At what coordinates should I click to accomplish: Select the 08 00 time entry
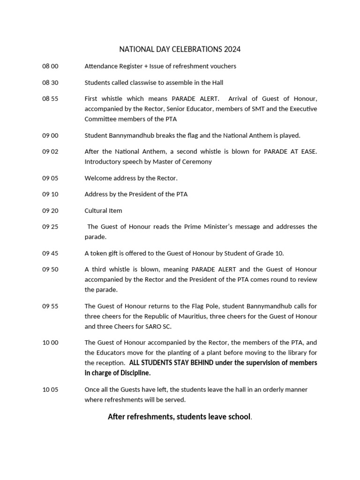(x=50, y=66)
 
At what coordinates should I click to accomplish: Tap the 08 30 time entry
(x=50, y=82)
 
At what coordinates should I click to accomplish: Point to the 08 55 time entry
(x=50, y=99)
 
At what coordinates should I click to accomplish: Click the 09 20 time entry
(x=50, y=210)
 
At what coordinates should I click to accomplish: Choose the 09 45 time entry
(x=50, y=253)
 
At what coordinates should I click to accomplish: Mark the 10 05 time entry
(x=50, y=390)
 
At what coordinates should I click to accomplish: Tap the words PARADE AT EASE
(x=291, y=152)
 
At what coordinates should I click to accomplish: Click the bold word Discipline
(x=135, y=373)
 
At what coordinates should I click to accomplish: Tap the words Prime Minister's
(x=206, y=227)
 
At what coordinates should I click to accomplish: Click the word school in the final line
(x=238, y=417)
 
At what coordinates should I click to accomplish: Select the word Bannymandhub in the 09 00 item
(x=128, y=135)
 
